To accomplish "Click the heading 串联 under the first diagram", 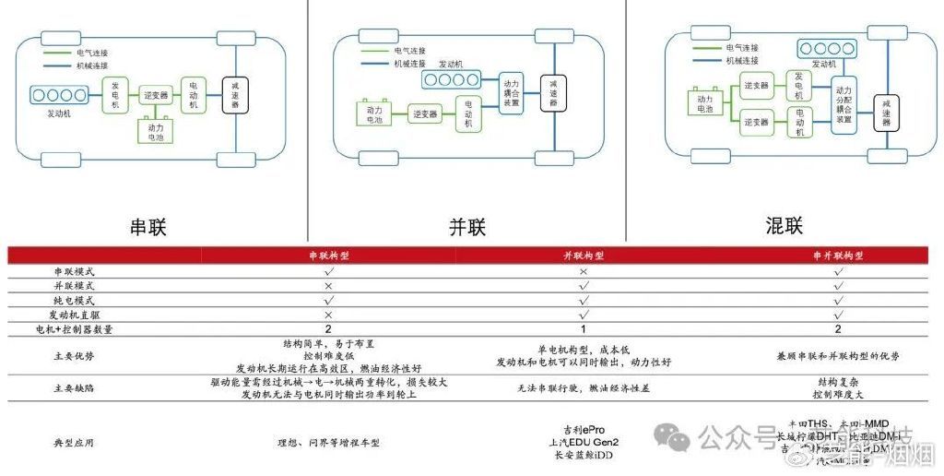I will [149, 226].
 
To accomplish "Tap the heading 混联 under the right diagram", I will [785, 225].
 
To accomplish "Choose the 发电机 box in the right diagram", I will [799, 86].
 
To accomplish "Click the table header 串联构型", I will [329, 256].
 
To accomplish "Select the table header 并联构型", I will [583, 256].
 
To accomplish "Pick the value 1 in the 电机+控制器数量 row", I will [583, 328].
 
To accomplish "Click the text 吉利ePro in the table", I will [580, 429].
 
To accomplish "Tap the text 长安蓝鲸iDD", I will [582, 456].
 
